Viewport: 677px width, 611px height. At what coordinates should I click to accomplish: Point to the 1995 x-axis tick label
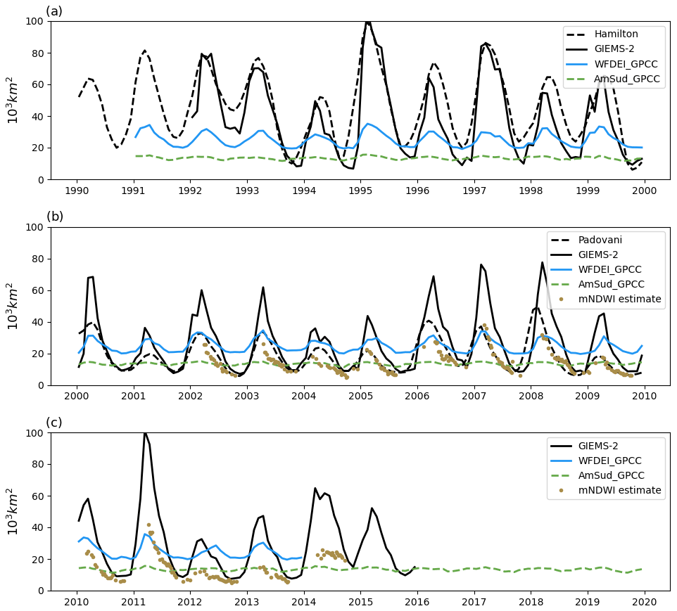click(x=360, y=191)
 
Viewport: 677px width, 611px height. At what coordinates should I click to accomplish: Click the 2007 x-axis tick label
click(x=474, y=397)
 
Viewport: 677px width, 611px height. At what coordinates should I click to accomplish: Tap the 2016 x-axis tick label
click(x=417, y=602)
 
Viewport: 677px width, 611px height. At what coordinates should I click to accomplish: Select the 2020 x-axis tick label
click(x=645, y=602)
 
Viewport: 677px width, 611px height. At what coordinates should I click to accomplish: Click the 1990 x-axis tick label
click(x=77, y=191)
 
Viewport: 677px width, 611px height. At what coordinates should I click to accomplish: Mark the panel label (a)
click(x=54, y=11)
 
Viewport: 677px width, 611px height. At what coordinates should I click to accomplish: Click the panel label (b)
click(x=54, y=217)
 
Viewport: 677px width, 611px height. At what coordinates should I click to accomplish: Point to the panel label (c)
click(x=54, y=423)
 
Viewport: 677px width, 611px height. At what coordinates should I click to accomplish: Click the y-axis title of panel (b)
click(x=13, y=306)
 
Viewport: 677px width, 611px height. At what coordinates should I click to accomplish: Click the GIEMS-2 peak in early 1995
click(x=367, y=22)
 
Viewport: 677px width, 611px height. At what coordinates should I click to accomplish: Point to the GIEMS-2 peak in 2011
click(x=145, y=433)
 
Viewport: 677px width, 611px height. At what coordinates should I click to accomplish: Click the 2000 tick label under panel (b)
click(x=77, y=397)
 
